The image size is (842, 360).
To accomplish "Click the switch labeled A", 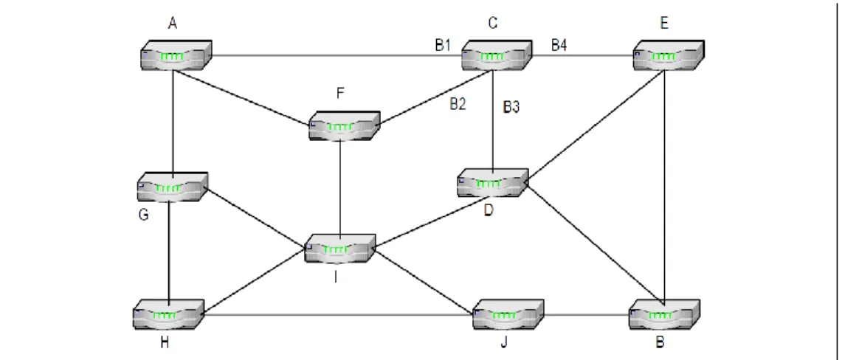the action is tap(176, 55).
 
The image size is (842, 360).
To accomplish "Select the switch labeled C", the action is tap(497, 55).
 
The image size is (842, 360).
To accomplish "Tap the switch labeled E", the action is tap(669, 55).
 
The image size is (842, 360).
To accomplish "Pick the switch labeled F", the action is tap(344, 125).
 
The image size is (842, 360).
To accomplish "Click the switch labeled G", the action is tap(173, 187).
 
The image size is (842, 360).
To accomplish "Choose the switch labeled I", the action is tap(340, 248).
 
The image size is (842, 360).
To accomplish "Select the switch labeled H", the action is tap(168, 314).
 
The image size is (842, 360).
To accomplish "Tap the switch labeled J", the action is tap(508, 314).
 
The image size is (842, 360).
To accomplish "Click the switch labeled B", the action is tap(664, 314).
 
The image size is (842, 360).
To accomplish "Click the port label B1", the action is tap(443, 45).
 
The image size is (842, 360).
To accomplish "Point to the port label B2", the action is tap(458, 105).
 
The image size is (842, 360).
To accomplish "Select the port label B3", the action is tap(511, 108).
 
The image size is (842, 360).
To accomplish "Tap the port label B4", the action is tap(559, 45).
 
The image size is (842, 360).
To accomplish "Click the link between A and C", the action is tap(337, 55).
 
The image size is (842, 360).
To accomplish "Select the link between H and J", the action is tap(338, 314).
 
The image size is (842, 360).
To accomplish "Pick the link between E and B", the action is tap(665, 184).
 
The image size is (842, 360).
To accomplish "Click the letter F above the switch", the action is tap(340, 94).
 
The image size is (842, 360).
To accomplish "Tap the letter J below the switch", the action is tap(504, 343).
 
